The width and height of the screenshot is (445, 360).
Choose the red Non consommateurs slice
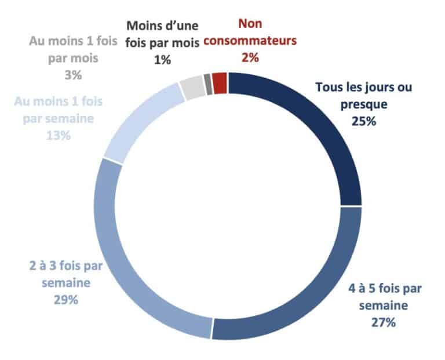220,82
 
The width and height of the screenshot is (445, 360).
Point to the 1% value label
162,60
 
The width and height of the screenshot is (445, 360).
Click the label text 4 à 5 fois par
383,288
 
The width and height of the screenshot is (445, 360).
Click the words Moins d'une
162,27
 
